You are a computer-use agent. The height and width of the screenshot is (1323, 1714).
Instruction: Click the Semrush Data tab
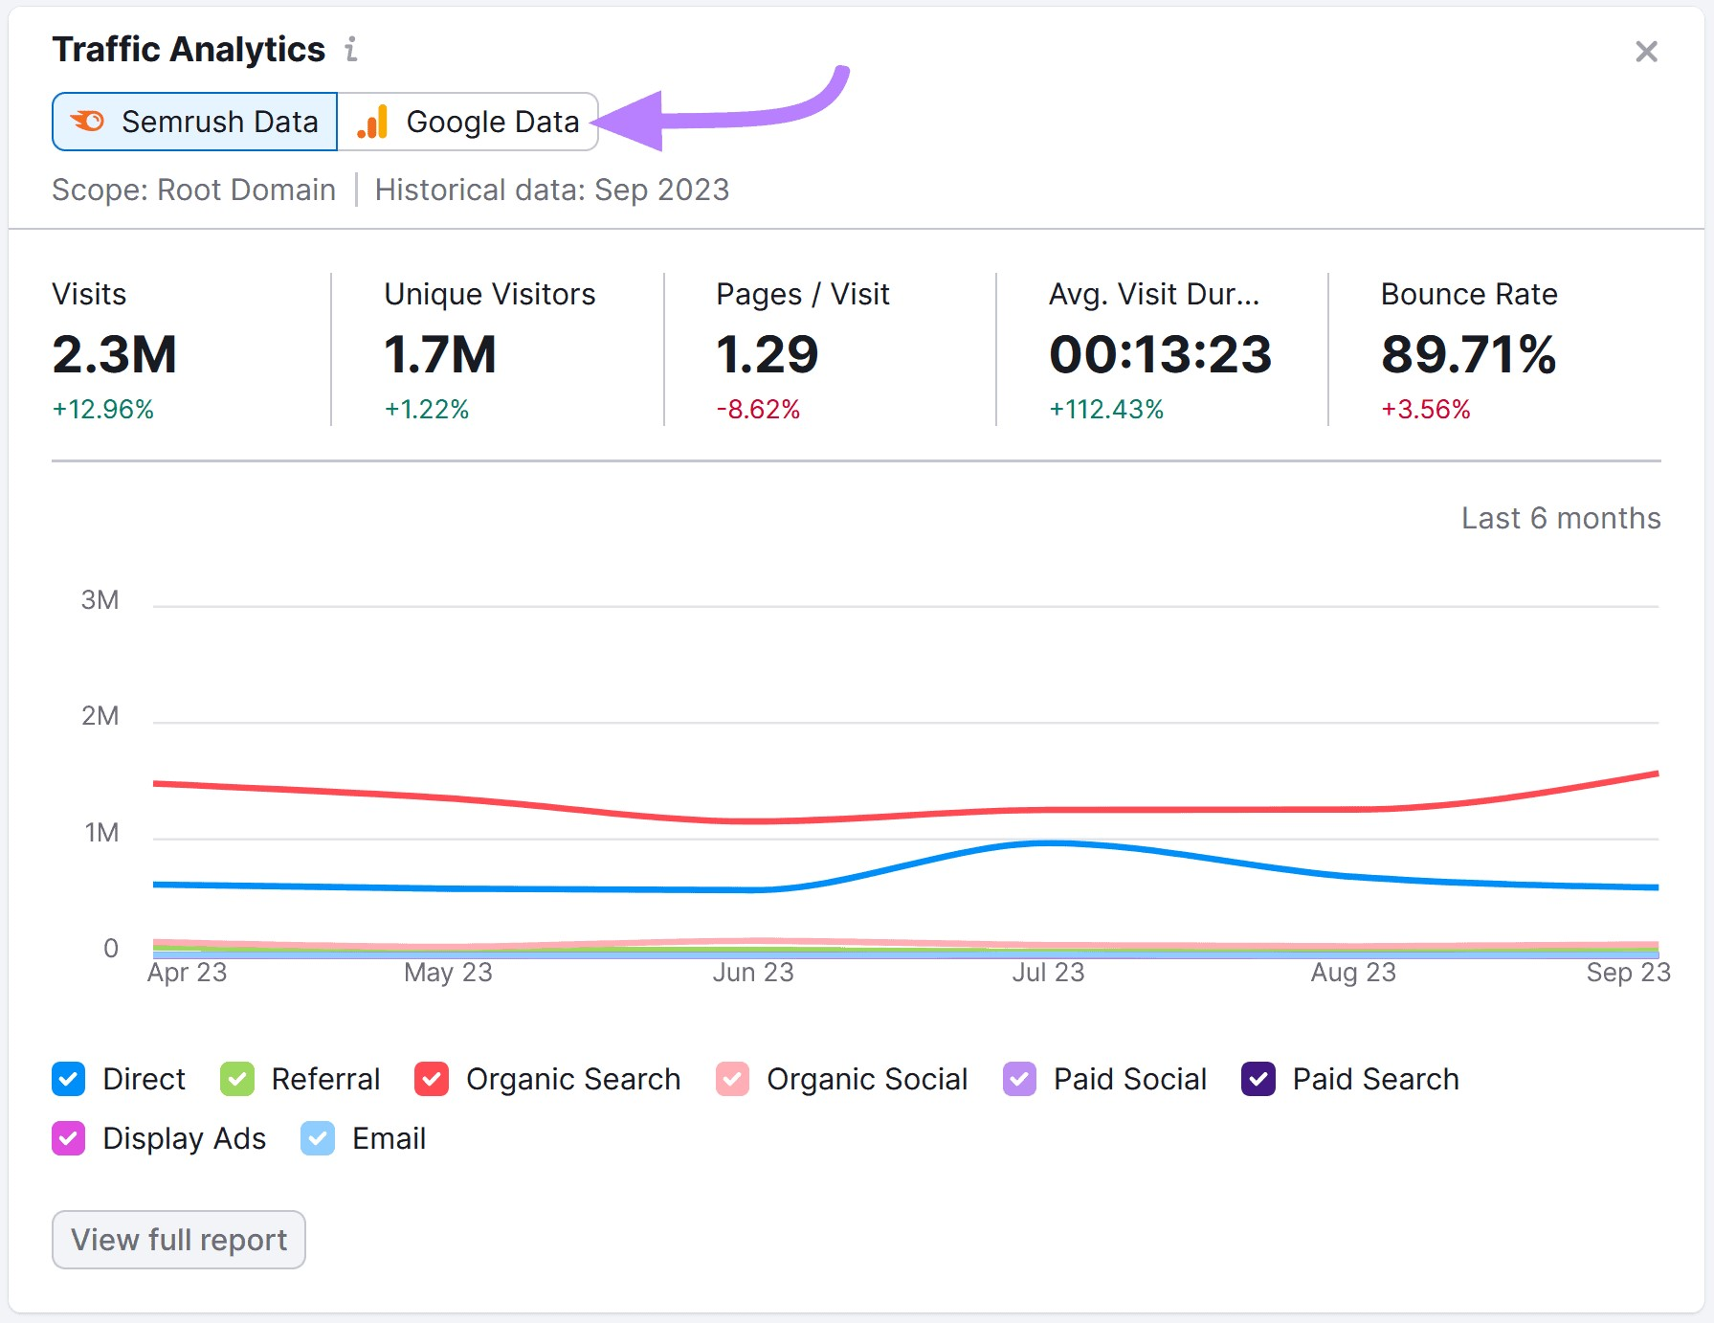[x=195, y=122]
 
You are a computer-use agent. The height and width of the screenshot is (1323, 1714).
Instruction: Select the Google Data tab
[x=468, y=122]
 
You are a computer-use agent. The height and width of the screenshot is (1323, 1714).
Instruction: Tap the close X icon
[x=1646, y=52]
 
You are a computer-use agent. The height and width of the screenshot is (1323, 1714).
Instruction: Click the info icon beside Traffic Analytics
[x=351, y=49]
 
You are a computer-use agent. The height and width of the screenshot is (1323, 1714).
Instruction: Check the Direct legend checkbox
[x=69, y=1079]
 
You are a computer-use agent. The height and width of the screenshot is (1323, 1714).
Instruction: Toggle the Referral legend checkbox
[x=237, y=1079]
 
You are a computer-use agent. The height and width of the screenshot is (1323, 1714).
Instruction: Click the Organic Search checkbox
[x=432, y=1079]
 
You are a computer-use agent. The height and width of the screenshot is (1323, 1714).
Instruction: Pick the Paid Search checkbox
[x=1258, y=1079]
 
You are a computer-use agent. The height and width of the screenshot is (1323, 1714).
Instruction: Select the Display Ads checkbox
[x=69, y=1138]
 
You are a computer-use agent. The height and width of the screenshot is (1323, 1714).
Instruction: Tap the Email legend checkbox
[x=318, y=1138]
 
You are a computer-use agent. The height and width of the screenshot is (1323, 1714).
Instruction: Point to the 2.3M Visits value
[x=115, y=354]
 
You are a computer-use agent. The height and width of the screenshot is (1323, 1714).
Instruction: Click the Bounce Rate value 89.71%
[x=1468, y=354]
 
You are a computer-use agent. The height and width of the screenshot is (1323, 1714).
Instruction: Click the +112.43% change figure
[x=1106, y=410]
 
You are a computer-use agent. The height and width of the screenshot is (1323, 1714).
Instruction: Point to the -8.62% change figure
[x=758, y=410]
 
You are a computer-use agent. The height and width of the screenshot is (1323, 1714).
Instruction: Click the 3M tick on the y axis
[x=100, y=600]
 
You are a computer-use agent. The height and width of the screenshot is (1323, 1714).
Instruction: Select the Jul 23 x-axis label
[x=1048, y=973]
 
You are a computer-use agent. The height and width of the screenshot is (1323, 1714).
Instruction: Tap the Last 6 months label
[x=1561, y=518]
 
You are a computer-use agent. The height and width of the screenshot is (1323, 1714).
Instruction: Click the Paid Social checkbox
[x=1019, y=1079]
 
